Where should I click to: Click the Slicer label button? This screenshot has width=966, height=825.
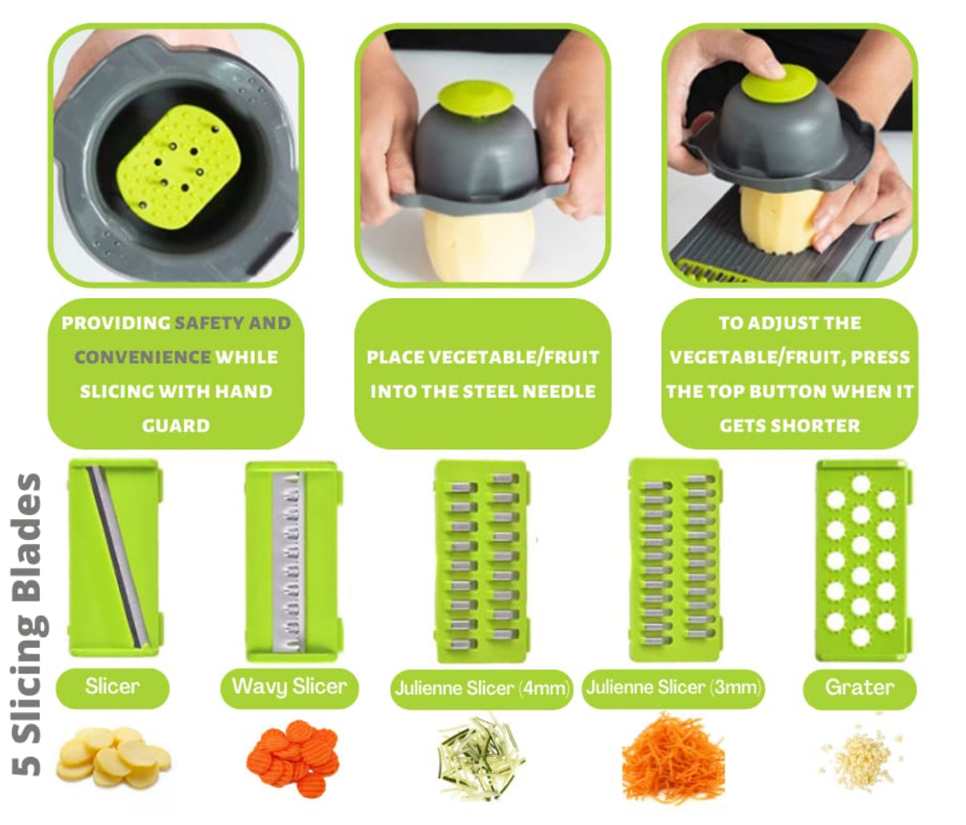(112, 687)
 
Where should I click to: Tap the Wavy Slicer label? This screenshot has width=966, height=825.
(289, 687)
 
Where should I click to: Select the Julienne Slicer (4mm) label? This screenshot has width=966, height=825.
(482, 689)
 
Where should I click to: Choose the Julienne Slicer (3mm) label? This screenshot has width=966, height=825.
(673, 688)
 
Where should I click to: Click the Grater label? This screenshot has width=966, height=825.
(859, 688)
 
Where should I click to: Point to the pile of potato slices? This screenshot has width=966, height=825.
(113, 757)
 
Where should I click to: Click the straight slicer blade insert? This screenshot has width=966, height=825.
(115, 557)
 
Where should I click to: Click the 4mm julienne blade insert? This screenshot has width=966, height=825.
(481, 557)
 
